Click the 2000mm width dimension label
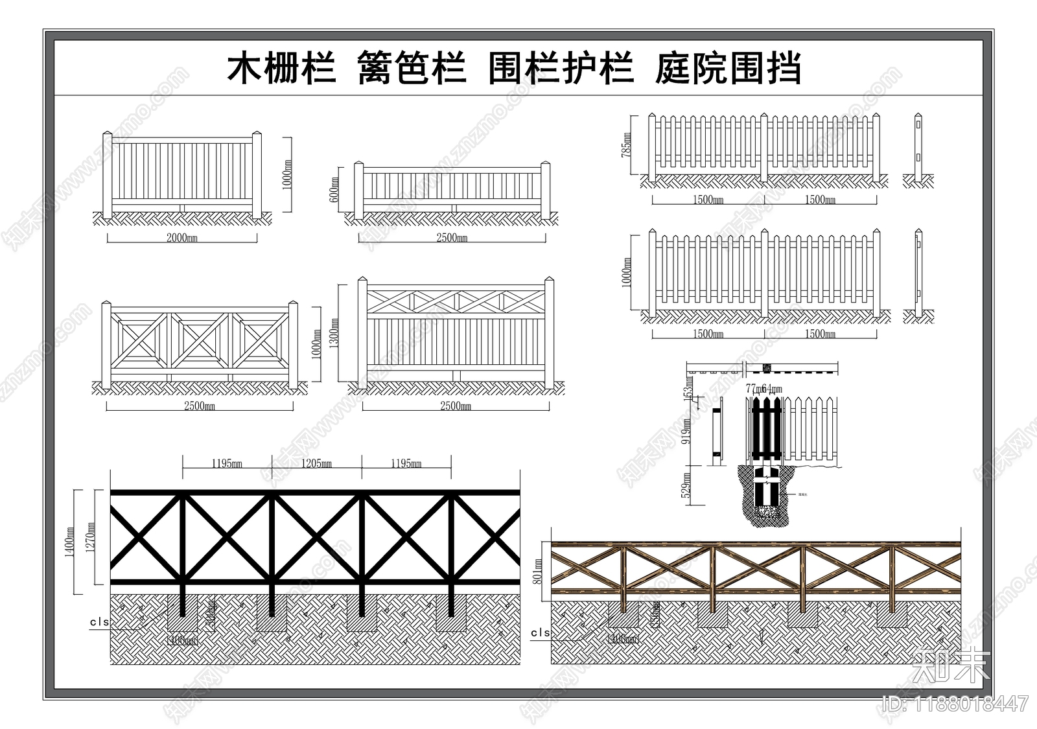pos(182,238)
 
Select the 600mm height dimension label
pos(334,190)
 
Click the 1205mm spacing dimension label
pos(316,463)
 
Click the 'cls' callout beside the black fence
pos(99,622)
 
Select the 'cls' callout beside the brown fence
pos(540,632)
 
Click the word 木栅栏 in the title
pos(281,69)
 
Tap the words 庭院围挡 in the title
pos(728,69)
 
